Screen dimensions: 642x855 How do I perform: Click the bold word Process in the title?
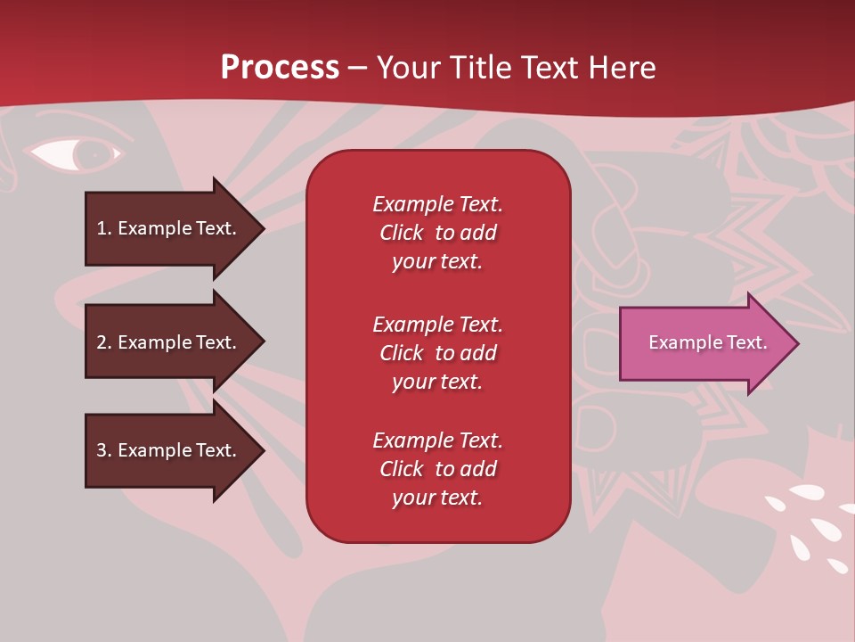point(280,68)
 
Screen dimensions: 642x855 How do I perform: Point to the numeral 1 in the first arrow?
point(102,228)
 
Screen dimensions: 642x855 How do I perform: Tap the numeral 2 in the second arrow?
point(102,342)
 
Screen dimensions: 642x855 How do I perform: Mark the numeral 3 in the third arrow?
point(102,450)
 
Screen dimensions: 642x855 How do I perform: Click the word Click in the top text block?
point(402,233)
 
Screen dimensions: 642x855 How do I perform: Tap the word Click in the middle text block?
point(402,353)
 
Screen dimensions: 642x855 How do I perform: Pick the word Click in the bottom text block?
point(402,469)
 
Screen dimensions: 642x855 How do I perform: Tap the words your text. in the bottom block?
point(437,498)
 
